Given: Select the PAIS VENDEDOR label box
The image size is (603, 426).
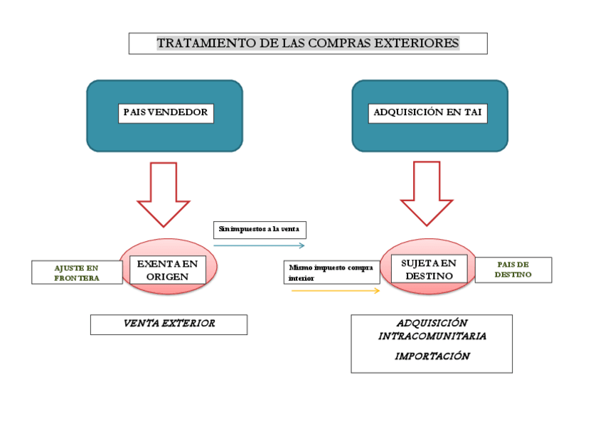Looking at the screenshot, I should point(166,112).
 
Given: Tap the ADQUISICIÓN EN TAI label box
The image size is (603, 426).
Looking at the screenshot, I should point(428,112).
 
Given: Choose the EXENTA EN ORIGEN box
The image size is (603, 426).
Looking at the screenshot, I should point(168,270).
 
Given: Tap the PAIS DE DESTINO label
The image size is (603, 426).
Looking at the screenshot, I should point(513,270).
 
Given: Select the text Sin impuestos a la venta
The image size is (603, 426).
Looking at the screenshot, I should point(260,230).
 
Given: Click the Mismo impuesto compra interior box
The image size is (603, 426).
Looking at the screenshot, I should point(331,273).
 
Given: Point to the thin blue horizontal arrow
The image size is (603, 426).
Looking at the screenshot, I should point(259,245).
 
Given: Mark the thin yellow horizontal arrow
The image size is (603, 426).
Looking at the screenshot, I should point(335,290).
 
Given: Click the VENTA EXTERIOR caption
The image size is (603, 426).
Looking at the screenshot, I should point(169,324).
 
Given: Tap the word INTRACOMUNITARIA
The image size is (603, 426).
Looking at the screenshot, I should point(432,335).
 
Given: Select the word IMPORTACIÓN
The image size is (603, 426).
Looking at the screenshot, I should point(432,356).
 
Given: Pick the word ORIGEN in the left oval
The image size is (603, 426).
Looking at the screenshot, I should point(168,277).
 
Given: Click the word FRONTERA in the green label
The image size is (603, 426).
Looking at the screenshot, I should point(76,278).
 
